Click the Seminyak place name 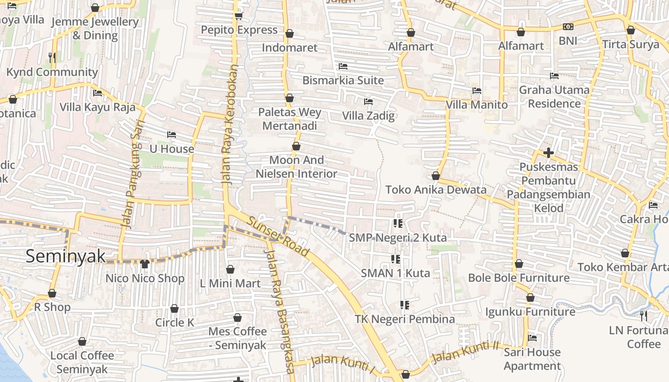point(65,256)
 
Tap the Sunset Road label point(279,236)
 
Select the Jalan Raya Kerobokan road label point(229,124)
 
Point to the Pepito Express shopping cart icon point(238,16)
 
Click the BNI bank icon point(568,27)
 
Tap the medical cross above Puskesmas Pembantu point(549,153)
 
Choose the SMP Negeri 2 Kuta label point(398,237)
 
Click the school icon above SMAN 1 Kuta point(396,259)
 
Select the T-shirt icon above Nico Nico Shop point(145,264)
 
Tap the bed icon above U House point(172,135)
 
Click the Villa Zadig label point(368,116)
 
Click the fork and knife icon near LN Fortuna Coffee point(643,316)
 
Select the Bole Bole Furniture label point(518,278)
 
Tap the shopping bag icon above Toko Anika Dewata point(435,176)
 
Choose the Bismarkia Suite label point(343,80)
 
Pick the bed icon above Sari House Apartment point(532,338)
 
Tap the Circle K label point(174,322)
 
